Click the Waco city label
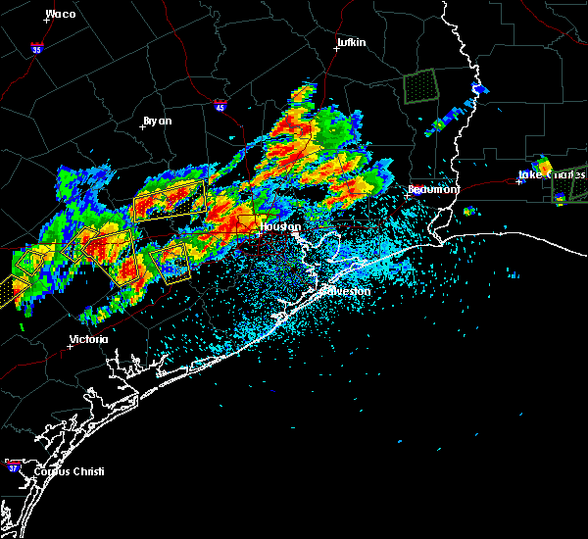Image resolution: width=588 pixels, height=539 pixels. tap(60, 14)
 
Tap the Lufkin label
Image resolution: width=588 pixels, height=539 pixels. tap(350, 43)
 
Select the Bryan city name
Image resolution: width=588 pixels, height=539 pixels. tap(157, 121)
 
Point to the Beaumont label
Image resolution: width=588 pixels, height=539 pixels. tap(434, 189)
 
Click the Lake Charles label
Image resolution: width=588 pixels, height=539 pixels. tap(552, 176)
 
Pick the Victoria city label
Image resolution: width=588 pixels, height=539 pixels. tap(88, 340)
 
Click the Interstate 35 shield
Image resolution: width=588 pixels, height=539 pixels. tap(36, 47)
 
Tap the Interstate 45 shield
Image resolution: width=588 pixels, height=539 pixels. tap(220, 104)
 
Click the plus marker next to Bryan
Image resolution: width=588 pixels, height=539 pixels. tap(142, 126)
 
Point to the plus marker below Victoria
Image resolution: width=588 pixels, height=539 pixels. tap(71, 347)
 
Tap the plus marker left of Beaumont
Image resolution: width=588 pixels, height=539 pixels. tap(407, 195)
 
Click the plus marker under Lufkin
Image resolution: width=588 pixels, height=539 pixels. tap(336, 49)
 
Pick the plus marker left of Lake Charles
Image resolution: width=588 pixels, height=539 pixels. tap(519, 181)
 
